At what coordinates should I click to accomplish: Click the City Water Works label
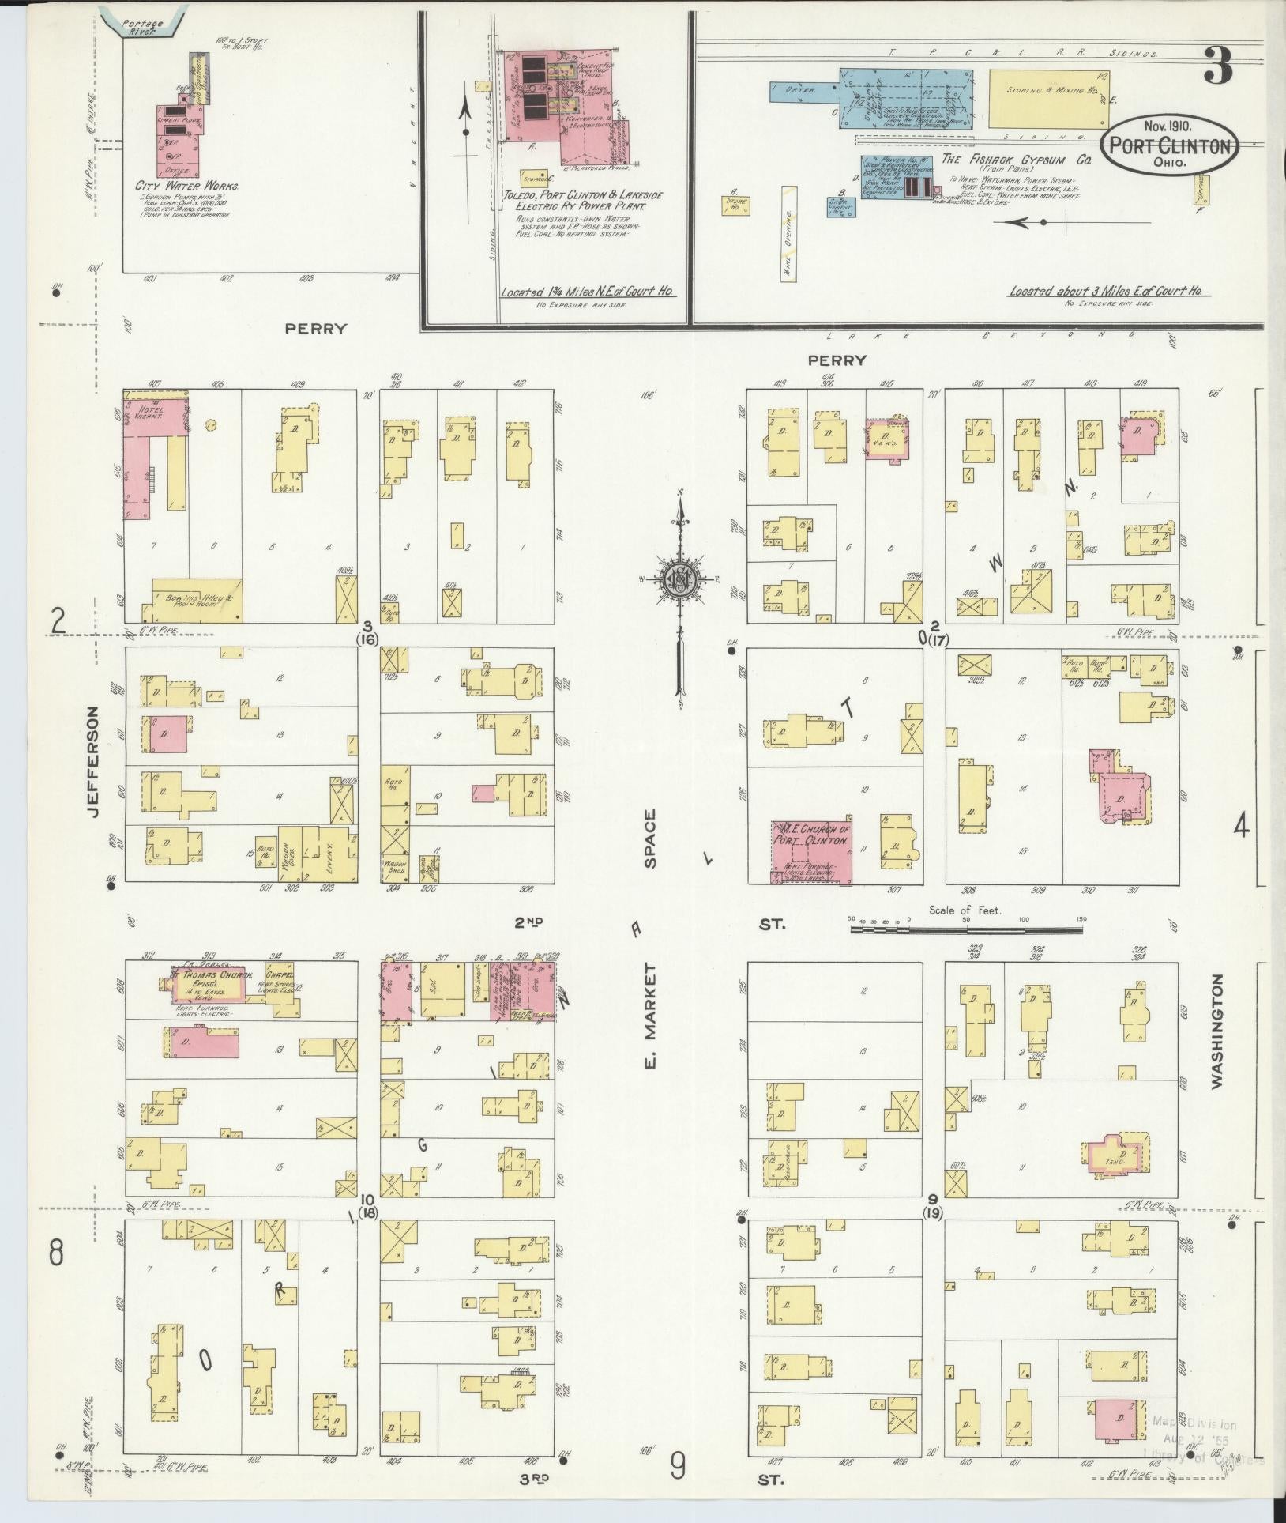coord(187,187)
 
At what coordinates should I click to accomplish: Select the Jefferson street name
coord(95,762)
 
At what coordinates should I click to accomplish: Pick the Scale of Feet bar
coord(965,930)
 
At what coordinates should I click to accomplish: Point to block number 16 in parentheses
coord(368,639)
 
